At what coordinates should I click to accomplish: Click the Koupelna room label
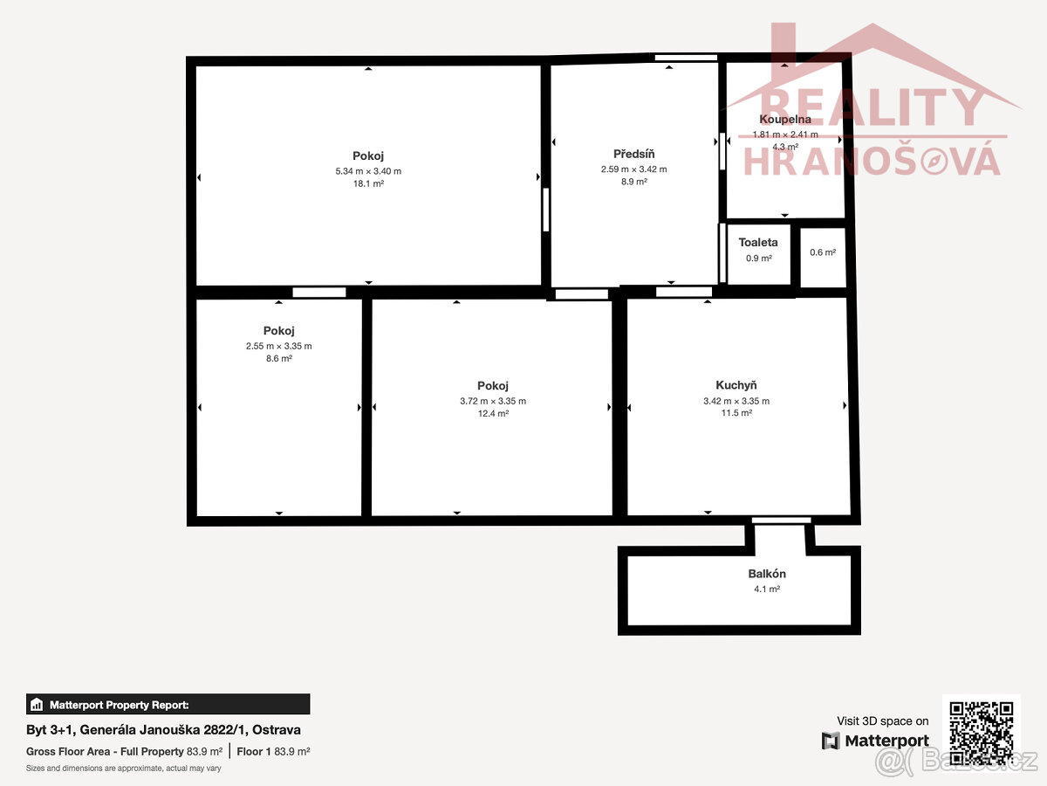[x=785, y=120]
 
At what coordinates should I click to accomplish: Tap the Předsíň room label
[x=633, y=155]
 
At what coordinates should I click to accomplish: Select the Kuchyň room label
[x=736, y=385]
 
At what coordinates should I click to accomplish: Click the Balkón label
[x=767, y=574]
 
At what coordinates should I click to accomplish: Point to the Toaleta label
[x=758, y=242]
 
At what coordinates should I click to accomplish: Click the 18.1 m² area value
[x=368, y=184]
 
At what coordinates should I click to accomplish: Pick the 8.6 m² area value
[x=279, y=358]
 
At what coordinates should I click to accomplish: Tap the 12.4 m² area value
[x=493, y=413]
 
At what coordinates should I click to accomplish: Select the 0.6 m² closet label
[x=823, y=252]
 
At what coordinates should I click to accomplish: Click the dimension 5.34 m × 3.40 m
[x=368, y=171]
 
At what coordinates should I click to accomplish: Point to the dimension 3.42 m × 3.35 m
[x=736, y=401]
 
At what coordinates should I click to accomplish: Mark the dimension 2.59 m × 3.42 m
[x=633, y=169]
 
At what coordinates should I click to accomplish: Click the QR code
[x=981, y=733]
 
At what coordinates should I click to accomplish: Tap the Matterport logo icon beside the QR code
[x=831, y=741]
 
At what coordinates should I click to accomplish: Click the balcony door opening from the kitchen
[x=781, y=521]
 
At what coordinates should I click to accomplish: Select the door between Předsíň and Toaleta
[x=722, y=252]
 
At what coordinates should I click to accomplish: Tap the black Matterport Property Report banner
[x=168, y=704]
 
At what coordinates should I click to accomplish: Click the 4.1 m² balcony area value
[x=767, y=589]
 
